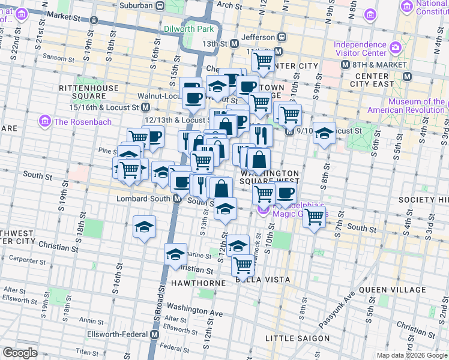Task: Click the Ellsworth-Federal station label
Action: tap(119, 334)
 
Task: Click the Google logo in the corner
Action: tap(20, 353)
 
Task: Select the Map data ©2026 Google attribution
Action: tap(398, 355)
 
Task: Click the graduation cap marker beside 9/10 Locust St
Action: tap(325, 133)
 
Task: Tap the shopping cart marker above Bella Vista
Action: tap(243, 263)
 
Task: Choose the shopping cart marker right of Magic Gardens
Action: tap(315, 217)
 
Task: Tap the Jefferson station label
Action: tap(258, 37)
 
